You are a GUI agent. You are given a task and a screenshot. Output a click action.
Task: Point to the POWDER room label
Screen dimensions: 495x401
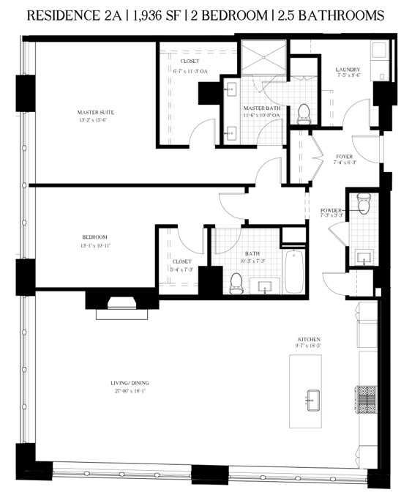tap(331, 210)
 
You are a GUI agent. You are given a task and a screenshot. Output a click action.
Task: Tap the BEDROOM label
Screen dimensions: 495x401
tap(95, 237)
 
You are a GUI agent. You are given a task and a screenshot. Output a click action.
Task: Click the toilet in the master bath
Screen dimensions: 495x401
tap(304, 113)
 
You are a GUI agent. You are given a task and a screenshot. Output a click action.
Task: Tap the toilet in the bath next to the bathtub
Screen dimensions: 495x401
tap(236, 283)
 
